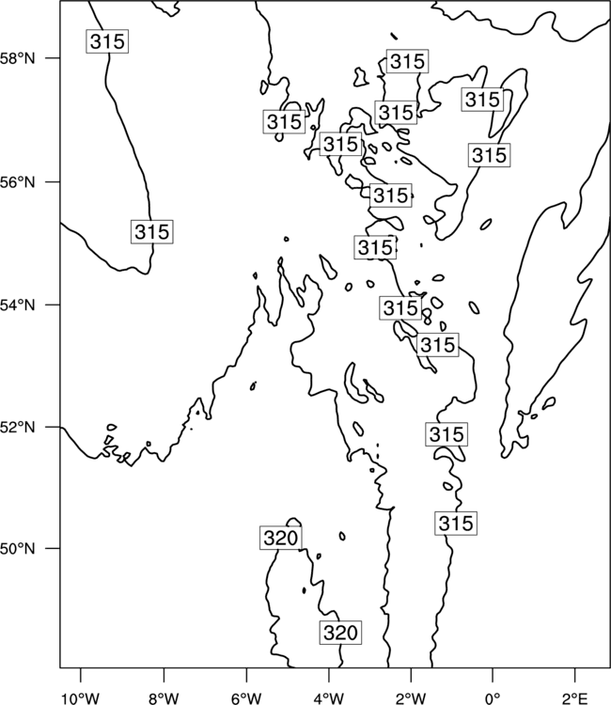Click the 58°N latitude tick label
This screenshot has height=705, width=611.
tap(17, 58)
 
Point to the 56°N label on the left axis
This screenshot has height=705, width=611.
tap(17, 182)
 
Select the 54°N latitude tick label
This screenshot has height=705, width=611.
tap(17, 305)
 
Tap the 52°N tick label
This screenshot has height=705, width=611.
tap(17, 427)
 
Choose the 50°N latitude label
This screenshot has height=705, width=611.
tap(17, 549)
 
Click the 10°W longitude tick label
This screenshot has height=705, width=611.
tap(81, 698)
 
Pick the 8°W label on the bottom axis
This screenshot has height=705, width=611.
tap(164, 698)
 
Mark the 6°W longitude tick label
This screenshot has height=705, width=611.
tap(246, 698)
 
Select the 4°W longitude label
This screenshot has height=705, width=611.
tap(329, 698)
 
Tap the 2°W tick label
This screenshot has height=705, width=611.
tap(411, 698)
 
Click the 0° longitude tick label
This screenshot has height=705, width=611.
tap(493, 698)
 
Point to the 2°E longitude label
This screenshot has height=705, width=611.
tap(575, 698)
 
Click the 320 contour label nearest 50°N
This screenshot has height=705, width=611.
tap(280, 538)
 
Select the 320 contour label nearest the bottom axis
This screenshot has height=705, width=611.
tap(340, 633)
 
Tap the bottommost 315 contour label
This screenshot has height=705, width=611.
tap(456, 524)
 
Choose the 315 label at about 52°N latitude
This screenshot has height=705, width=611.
tap(446, 434)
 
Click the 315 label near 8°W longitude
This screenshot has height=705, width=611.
tap(152, 232)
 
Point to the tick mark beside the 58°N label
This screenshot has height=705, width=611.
tap(54, 58)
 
